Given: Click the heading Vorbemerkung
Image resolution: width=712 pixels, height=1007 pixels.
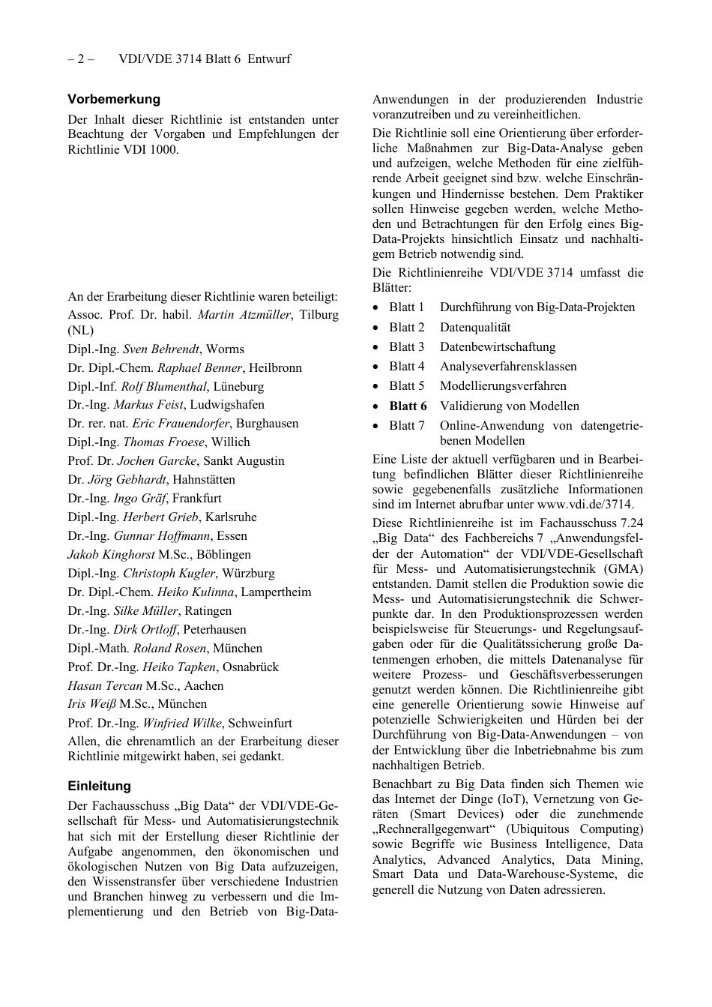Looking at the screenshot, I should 114,99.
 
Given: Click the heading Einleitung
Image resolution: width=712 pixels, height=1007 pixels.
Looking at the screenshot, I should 99,786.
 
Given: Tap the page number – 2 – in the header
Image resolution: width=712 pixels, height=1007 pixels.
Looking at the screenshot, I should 81,58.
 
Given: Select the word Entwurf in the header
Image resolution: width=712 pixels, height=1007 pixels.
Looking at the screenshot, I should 269,58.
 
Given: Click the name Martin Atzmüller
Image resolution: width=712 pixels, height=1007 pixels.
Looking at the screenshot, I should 244,315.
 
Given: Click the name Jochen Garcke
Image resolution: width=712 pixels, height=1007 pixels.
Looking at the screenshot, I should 157,460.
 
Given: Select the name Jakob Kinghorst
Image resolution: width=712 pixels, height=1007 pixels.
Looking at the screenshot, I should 111,554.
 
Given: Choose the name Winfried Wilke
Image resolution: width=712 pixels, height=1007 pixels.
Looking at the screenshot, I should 182,723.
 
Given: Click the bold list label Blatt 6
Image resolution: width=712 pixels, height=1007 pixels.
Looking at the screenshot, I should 408,406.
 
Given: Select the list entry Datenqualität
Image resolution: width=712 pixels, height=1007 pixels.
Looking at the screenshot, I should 475,327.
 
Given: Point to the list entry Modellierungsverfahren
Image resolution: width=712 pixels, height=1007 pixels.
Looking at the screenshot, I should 503,385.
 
